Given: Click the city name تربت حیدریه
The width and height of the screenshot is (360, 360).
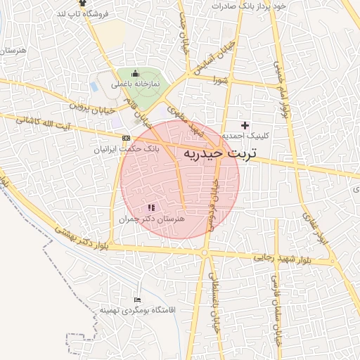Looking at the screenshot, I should coord(220,153).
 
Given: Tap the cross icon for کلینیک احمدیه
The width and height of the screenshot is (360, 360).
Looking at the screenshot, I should coord(245,124).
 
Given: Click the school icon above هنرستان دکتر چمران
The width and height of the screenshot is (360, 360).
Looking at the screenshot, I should coord(150,208).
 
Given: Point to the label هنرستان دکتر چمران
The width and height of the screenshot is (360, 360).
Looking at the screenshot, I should coord(152,219).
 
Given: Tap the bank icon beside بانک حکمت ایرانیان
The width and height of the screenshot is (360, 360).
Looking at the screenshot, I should coord(126,138).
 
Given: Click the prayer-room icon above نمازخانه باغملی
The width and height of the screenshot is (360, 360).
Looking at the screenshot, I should coord(136,74).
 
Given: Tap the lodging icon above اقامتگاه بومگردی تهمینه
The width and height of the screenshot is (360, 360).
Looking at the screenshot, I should coord(137,300).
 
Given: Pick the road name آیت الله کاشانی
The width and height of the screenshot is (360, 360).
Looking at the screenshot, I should coord(45,124).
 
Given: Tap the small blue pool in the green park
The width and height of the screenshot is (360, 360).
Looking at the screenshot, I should coord(94,86).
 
